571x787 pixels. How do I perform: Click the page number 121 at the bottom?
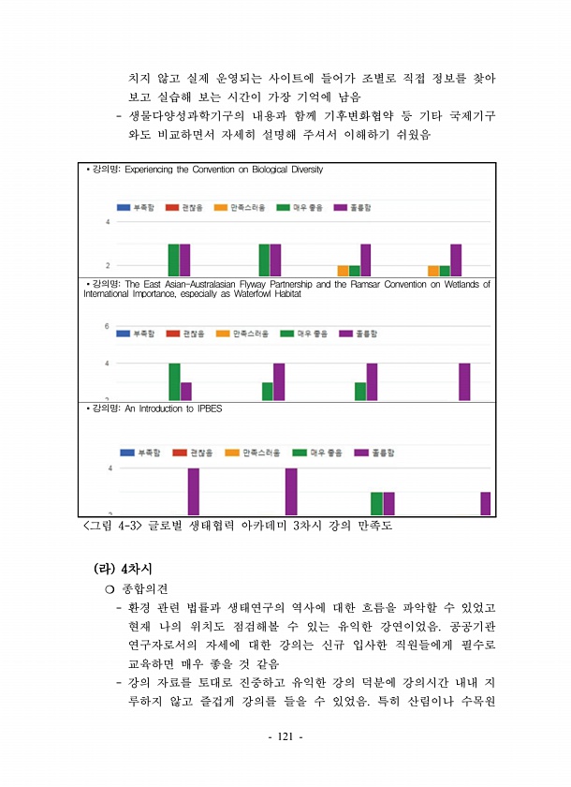(x=285, y=737)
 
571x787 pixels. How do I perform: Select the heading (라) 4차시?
(x=124, y=568)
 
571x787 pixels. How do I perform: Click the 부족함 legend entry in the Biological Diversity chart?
(x=137, y=205)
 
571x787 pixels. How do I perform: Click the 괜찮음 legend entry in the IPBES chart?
(x=194, y=453)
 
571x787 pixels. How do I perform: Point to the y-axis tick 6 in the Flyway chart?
(x=107, y=325)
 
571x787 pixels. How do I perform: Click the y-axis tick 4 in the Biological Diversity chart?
(x=107, y=222)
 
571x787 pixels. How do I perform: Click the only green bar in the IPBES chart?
(x=376, y=503)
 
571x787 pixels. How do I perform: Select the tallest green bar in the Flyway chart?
(x=174, y=381)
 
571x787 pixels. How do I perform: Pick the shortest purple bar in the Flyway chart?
(x=186, y=391)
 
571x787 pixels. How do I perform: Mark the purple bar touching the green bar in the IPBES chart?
(x=388, y=503)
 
